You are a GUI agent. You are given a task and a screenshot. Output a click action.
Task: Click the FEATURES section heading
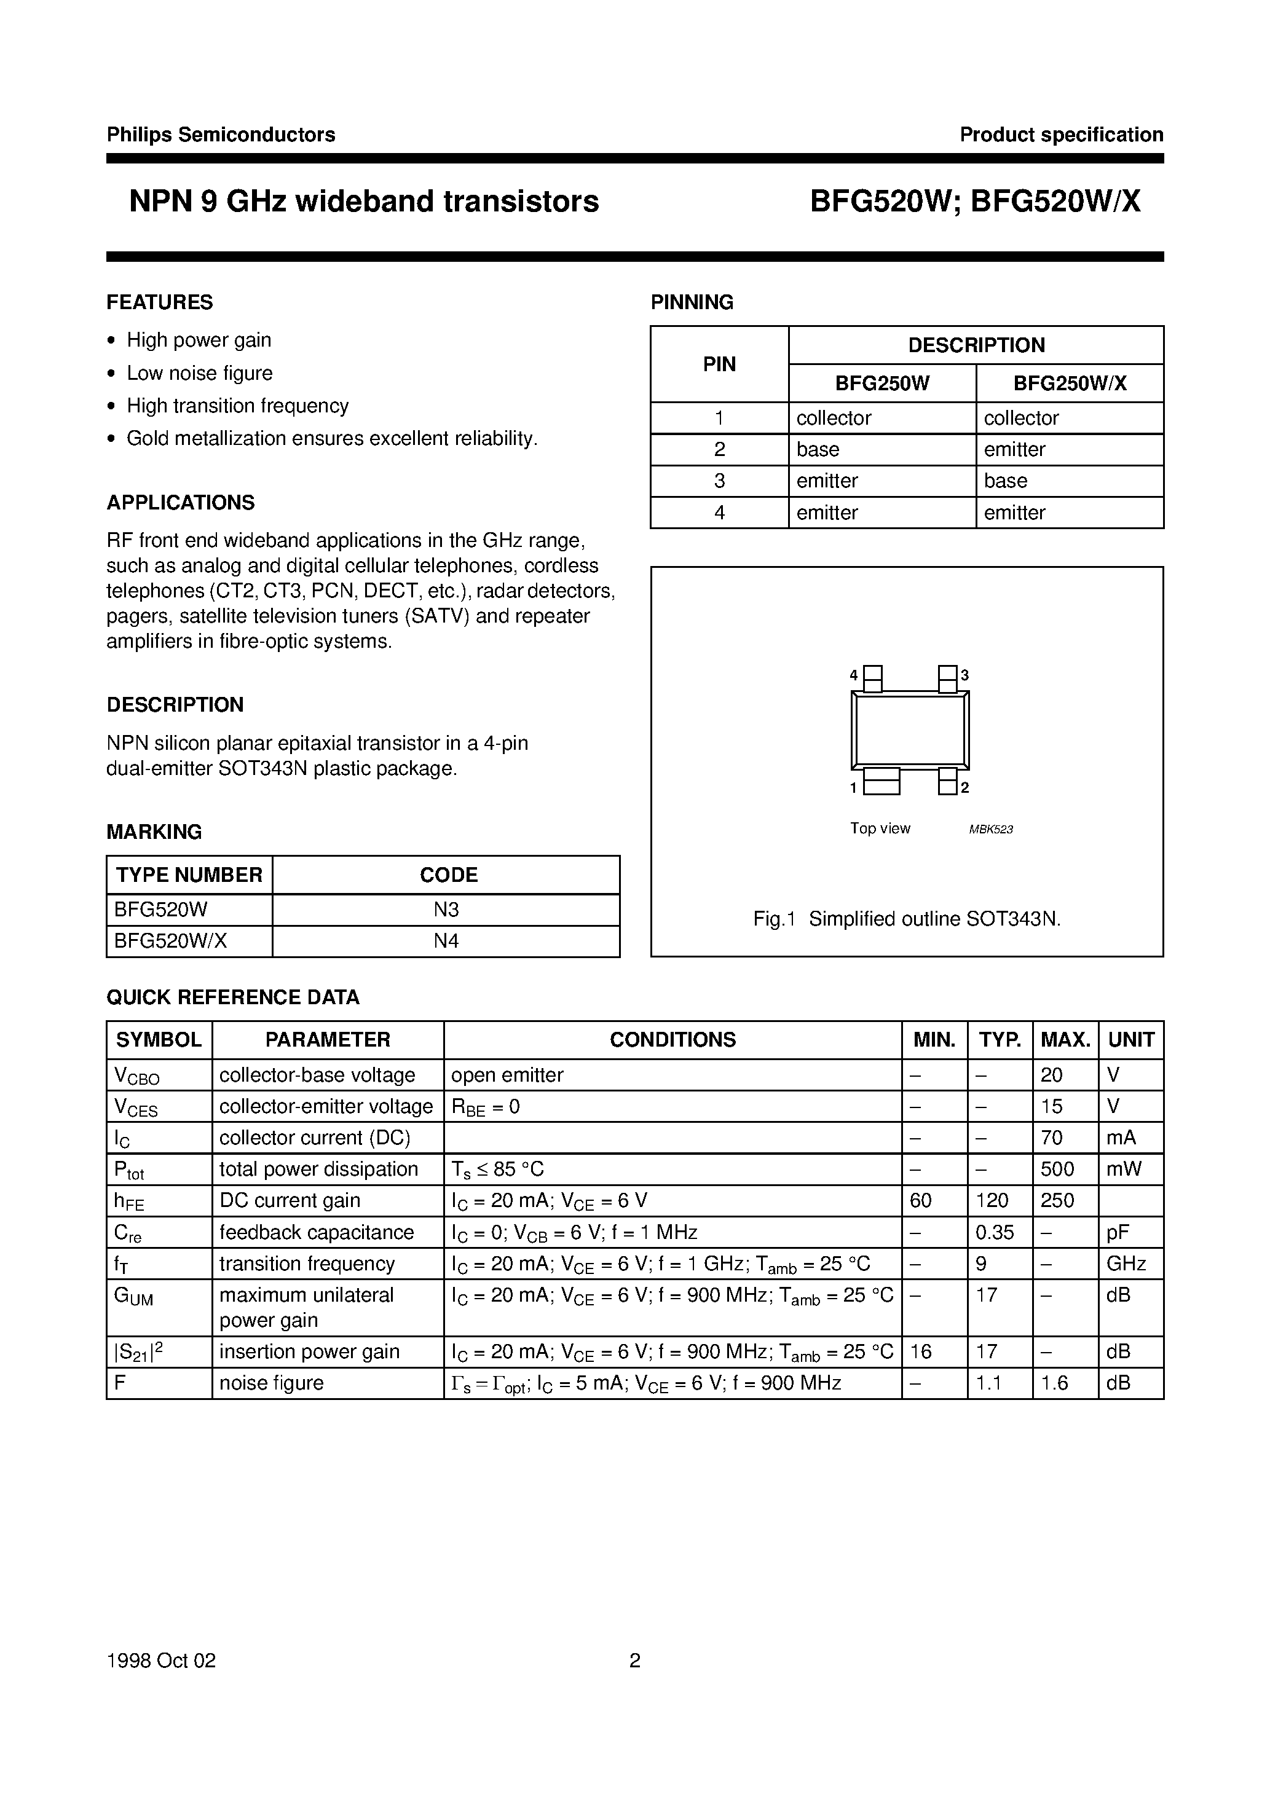point(160,302)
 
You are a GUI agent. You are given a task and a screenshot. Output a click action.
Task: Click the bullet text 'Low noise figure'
point(200,373)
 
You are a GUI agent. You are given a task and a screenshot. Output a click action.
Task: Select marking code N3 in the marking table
point(446,910)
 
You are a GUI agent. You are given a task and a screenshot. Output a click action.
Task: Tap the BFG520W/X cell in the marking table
point(171,941)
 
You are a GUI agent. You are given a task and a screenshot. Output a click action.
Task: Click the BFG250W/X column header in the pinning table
point(1070,383)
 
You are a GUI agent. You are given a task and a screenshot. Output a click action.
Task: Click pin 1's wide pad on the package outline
point(881,782)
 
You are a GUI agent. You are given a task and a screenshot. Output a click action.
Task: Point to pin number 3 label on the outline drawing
point(966,675)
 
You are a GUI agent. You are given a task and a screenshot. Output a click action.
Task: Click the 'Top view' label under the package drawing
point(880,828)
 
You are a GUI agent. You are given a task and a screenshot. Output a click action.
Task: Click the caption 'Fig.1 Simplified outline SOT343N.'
point(907,919)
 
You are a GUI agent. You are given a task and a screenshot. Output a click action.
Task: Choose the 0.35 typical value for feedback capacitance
point(995,1232)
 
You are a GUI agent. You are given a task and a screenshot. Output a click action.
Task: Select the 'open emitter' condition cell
point(507,1075)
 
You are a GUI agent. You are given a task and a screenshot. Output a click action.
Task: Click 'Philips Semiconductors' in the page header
point(221,135)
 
